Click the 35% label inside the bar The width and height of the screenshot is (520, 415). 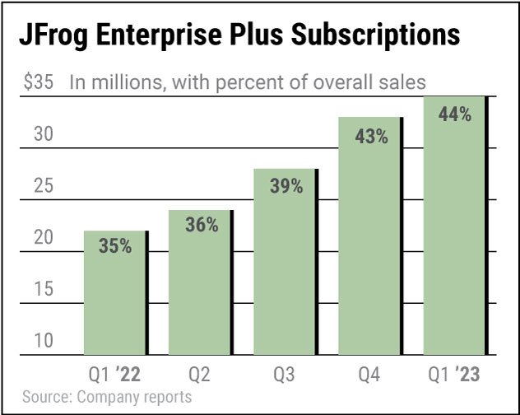[x=115, y=245]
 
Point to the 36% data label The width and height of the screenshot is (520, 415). [x=201, y=225]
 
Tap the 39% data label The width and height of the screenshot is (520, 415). [x=286, y=186]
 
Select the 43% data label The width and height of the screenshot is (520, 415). [x=371, y=137]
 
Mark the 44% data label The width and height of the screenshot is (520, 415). [x=455, y=115]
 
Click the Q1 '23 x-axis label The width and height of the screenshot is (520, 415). [x=453, y=375]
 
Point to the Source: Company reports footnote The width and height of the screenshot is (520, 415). [x=107, y=398]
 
